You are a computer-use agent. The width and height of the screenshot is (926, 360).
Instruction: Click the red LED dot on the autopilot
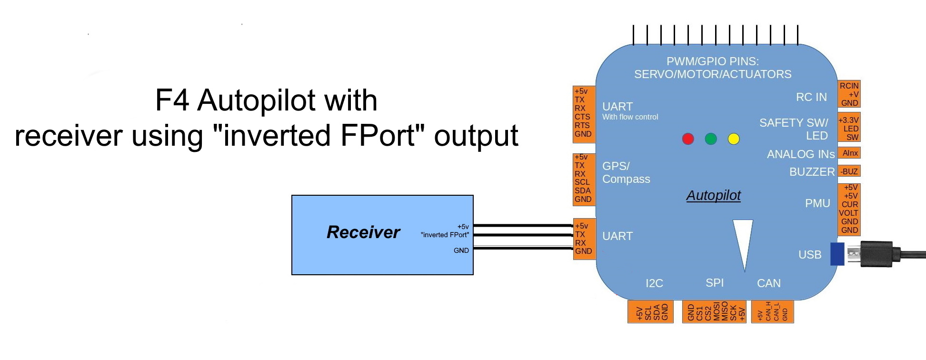[x=688, y=139]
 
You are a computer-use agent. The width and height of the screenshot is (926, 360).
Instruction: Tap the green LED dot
[x=711, y=139]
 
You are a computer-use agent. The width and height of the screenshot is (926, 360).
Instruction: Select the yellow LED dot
[x=734, y=139]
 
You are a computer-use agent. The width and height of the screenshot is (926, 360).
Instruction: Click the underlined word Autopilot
[x=713, y=195]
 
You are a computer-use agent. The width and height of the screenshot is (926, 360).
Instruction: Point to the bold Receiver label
[x=363, y=232]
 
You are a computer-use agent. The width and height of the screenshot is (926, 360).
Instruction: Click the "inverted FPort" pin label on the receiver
[x=445, y=235]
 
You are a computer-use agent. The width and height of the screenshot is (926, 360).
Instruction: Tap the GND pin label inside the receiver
[x=461, y=250]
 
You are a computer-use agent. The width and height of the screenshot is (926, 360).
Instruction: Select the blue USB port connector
[x=837, y=254]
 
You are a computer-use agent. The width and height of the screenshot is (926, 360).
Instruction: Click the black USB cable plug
[x=876, y=254]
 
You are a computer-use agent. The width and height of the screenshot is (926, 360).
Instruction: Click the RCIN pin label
[x=849, y=86]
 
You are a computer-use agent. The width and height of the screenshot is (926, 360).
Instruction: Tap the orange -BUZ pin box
[x=849, y=171]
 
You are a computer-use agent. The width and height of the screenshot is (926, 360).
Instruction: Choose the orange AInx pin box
[x=849, y=153]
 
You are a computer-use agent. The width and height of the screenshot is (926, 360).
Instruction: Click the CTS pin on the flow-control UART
[x=582, y=117]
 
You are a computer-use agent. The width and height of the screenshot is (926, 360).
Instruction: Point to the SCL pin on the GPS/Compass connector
[x=582, y=182]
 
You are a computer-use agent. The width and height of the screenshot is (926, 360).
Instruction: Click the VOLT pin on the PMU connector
[x=848, y=213]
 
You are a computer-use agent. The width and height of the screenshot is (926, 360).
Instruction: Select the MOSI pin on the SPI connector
[x=717, y=312]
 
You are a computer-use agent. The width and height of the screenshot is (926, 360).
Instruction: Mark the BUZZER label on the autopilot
[x=812, y=172]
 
